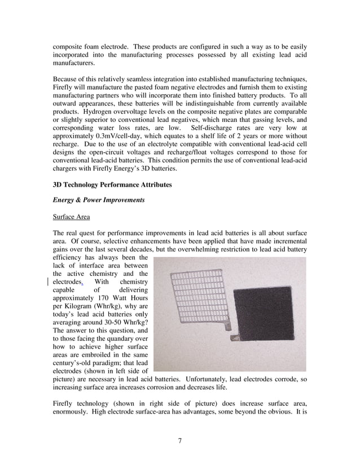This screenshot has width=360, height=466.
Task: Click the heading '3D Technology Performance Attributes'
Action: click(112, 184)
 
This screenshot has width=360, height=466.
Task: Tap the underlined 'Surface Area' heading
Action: click(69, 216)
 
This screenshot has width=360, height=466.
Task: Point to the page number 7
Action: click(179, 441)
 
